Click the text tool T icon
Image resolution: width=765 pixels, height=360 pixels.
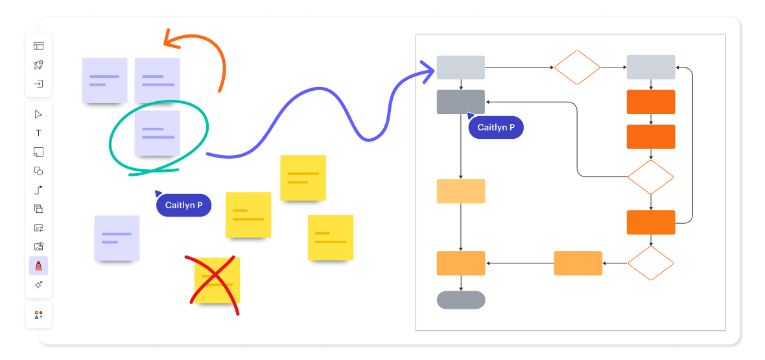[x=38, y=133]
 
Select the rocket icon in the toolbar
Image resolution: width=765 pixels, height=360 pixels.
[x=38, y=65]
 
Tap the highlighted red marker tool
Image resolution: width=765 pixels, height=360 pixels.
[x=38, y=266]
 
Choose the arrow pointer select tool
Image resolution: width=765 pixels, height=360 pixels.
[x=38, y=114]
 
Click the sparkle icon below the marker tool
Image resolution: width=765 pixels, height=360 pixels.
[x=38, y=285]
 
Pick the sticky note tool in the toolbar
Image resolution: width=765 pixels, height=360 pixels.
[x=38, y=152]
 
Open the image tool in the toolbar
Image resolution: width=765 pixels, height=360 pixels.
[x=38, y=246]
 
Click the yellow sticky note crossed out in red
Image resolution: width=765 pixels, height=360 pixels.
[x=217, y=280]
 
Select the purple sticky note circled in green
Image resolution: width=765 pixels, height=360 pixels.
[x=157, y=133]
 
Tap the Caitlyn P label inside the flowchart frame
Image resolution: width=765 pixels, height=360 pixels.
[x=496, y=128]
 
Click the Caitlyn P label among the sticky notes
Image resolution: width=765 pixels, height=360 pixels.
[x=183, y=206]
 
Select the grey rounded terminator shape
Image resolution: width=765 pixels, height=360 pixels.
[x=461, y=300]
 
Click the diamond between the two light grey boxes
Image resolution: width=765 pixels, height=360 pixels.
[x=577, y=67]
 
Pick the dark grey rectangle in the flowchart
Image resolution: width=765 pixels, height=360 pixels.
[x=461, y=102]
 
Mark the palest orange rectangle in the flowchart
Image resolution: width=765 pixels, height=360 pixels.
[x=461, y=191]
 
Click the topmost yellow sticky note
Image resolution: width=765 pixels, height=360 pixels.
[x=303, y=178]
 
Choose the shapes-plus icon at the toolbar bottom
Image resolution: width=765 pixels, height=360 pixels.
[x=38, y=315]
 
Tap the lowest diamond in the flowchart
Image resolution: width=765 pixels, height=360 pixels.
[x=651, y=263]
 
